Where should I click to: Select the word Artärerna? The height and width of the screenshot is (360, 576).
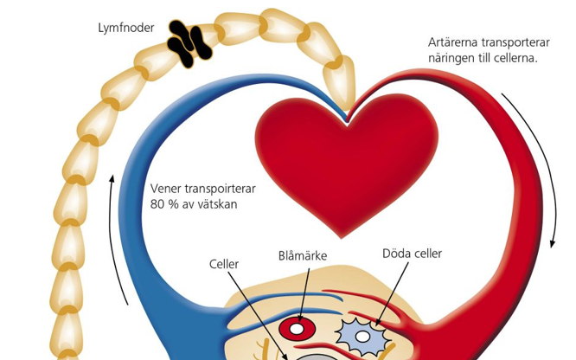coord(455,42)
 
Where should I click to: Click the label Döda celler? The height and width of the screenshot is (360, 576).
coord(412,254)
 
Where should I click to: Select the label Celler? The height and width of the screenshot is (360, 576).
coord(226,262)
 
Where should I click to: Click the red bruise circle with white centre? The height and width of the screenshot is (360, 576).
coord(298,330)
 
